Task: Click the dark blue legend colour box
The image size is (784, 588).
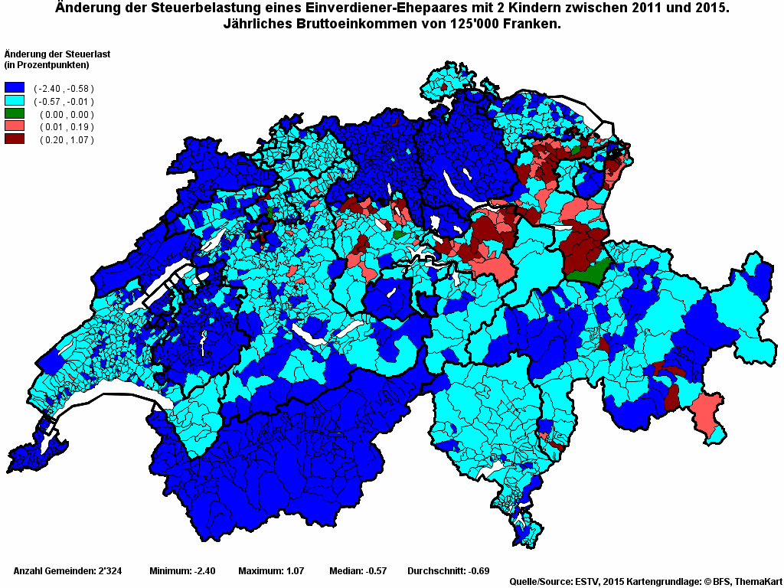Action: point(15,88)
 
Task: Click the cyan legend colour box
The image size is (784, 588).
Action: point(15,101)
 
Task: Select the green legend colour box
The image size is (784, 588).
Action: point(15,114)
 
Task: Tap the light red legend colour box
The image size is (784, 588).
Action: point(15,126)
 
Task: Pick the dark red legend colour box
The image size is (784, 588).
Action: point(15,139)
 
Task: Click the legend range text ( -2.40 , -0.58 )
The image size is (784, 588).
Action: point(64,89)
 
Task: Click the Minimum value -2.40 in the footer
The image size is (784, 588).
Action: point(204,571)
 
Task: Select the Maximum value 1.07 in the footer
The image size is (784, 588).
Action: point(296,571)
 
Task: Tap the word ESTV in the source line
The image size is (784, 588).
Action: point(586,583)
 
